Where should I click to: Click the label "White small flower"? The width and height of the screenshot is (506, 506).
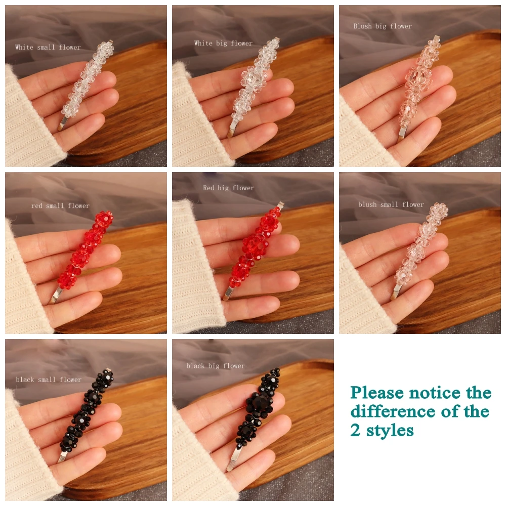pyautogui.click(x=48, y=47)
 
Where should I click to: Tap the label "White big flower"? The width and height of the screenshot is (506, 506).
pyautogui.click(x=223, y=43)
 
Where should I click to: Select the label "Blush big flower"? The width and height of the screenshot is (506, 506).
pyautogui.click(x=383, y=26)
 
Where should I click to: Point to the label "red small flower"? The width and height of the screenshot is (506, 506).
pyautogui.click(x=60, y=205)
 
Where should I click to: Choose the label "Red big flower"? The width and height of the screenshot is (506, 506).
pyautogui.click(x=229, y=188)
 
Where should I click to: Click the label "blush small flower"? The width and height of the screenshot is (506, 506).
pyautogui.click(x=391, y=204)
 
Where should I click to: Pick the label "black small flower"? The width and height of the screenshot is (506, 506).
pyautogui.click(x=49, y=379)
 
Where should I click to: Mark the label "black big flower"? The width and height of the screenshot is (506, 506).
pyautogui.click(x=216, y=366)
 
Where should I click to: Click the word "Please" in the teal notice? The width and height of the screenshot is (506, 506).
pyautogui.click(x=377, y=393)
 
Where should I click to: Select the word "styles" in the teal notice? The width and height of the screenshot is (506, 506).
pyautogui.click(x=390, y=431)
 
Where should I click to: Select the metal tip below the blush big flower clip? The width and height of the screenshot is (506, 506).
pyautogui.click(x=402, y=133)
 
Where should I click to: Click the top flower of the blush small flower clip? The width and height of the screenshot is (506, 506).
pyautogui.click(x=440, y=210)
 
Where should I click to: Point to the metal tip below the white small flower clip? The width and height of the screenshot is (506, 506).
pyautogui.click(x=63, y=123)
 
